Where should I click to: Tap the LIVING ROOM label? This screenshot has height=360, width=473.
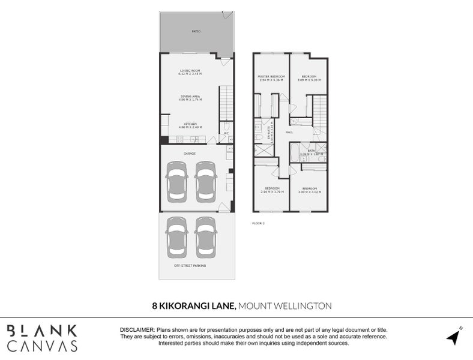[x=190, y=71]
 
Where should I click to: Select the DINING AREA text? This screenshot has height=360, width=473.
[x=190, y=97]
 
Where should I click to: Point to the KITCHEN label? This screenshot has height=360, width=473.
[x=190, y=125]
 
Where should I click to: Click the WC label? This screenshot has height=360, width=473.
[x=227, y=133]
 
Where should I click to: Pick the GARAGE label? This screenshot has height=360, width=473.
[x=190, y=153]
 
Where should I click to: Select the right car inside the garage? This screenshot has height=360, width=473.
[x=205, y=182]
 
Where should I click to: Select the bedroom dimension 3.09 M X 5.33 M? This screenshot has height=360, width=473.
[x=309, y=80]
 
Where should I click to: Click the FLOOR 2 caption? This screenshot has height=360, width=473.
[x=258, y=223]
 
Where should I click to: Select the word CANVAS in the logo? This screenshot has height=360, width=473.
[x=42, y=346]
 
